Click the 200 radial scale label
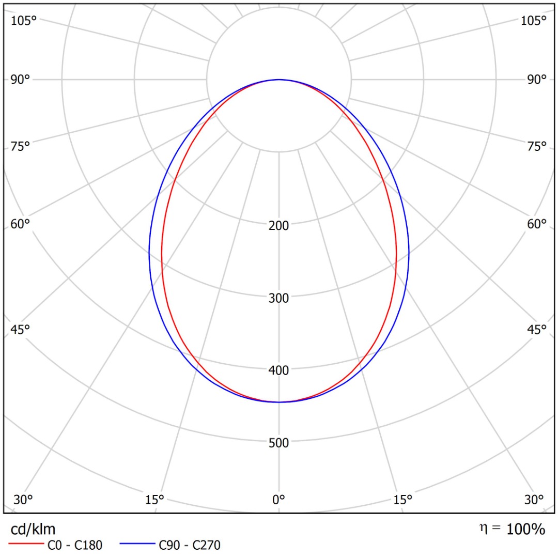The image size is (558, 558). click(x=279, y=225)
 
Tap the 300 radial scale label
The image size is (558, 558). click(x=279, y=298)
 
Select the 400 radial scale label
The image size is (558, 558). click(x=279, y=370)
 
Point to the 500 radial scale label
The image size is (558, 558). click(x=279, y=442)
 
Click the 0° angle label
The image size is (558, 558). click(x=279, y=500)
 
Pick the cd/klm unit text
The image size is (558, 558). click(x=33, y=529)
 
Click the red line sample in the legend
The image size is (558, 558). click(x=25, y=545)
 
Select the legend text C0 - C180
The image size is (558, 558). click(x=75, y=545)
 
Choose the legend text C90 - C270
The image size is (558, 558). click(x=190, y=545)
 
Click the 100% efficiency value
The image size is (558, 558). click(x=525, y=529)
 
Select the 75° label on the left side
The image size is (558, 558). click(x=21, y=146)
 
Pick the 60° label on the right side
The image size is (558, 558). click(x=537, y=224)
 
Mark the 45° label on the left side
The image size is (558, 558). click(x=21, y=329)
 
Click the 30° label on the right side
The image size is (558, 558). click(x=534, y=500)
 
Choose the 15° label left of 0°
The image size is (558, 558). click(x=154, y=500)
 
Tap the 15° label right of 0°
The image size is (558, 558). click(x=403, y=500)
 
